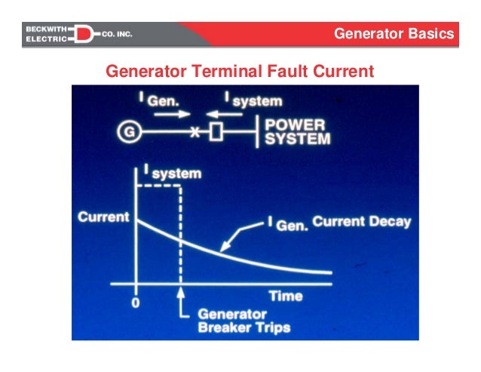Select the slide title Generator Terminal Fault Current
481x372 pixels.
coord(240,72)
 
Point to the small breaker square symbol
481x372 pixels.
coord(216,133)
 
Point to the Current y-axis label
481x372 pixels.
coord(101,218)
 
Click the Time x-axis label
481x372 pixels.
coord(286,296)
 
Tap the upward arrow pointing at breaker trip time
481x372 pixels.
coord(181,306)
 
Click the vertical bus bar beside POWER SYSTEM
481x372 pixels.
coord(259,132)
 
